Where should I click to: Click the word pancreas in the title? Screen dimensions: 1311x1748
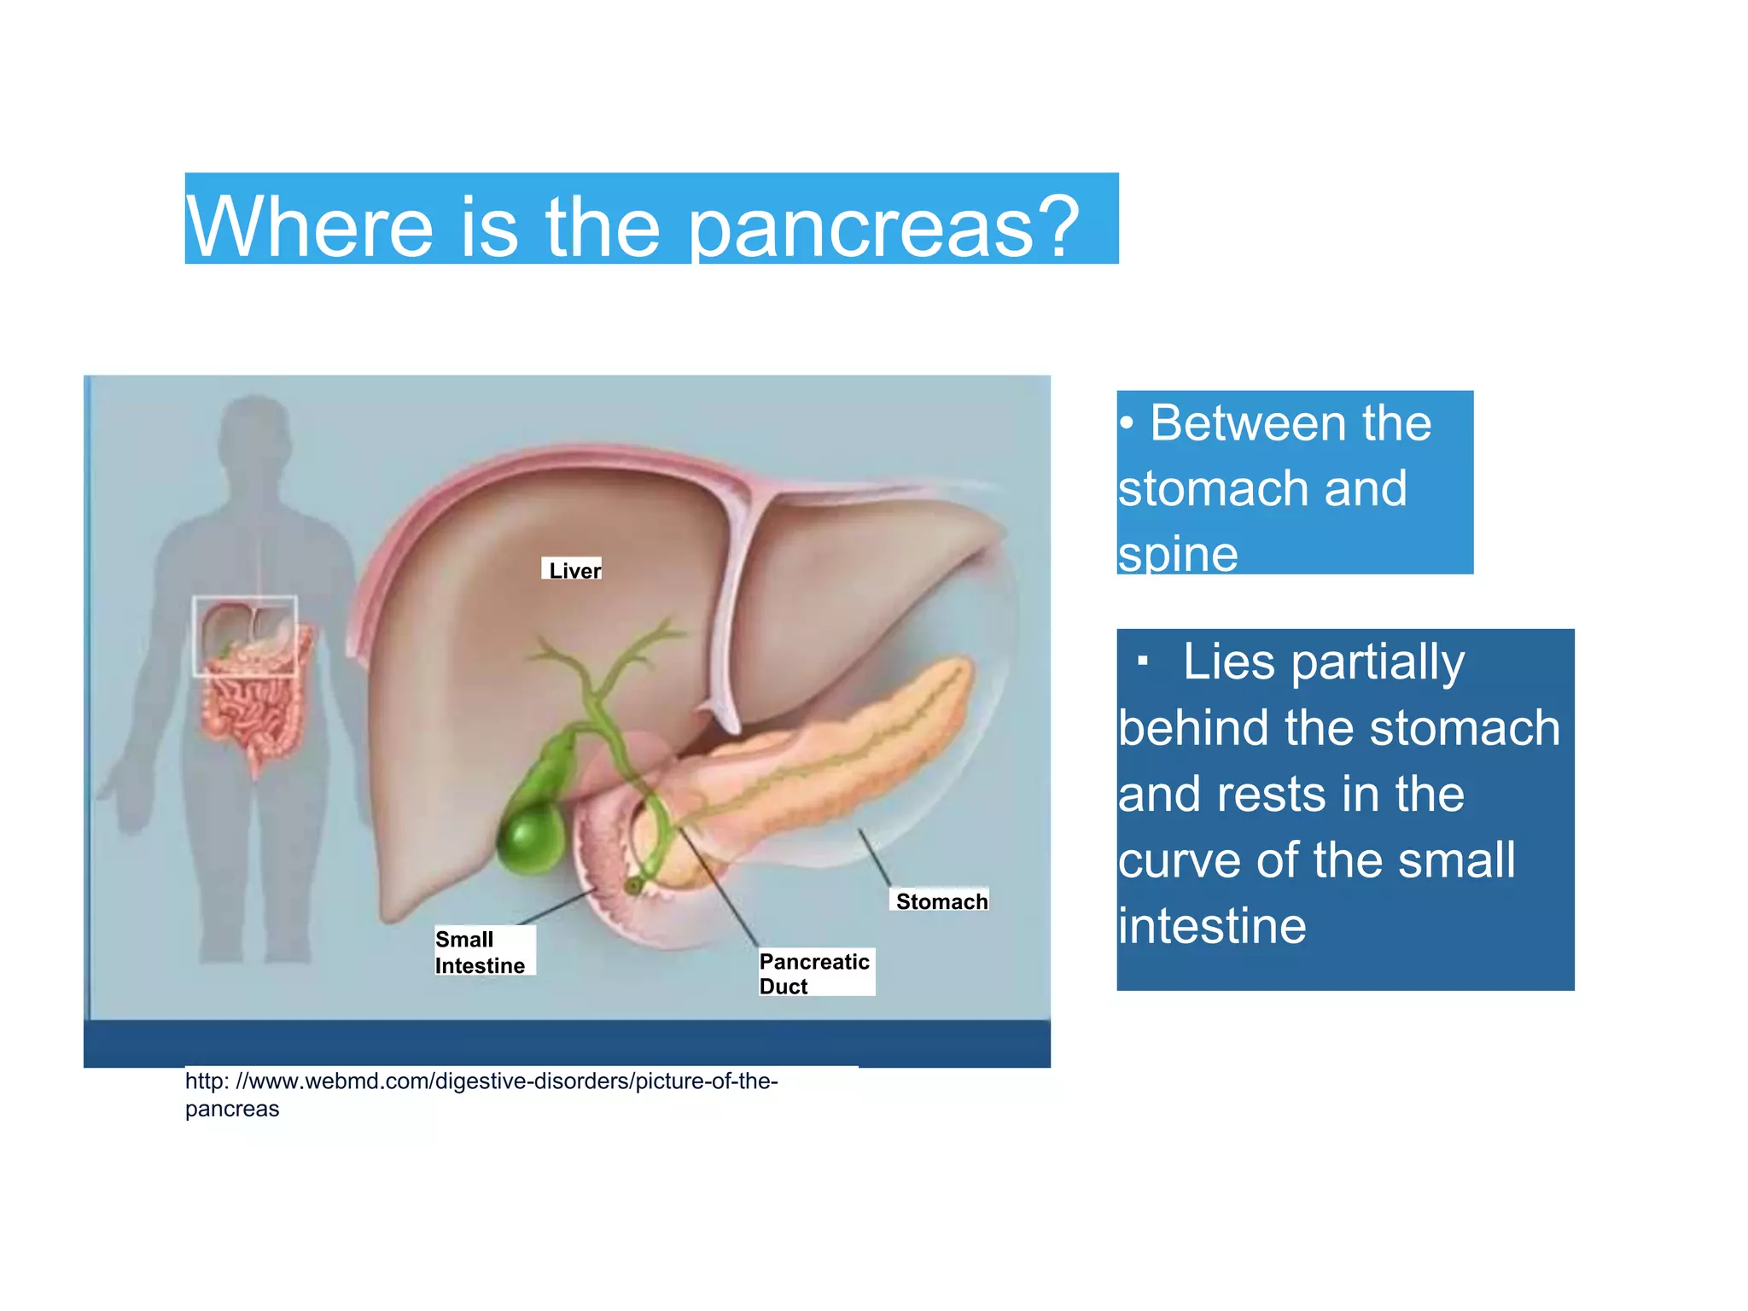861,229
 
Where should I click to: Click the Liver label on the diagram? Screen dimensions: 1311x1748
574,570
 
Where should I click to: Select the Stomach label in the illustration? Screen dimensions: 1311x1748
941,901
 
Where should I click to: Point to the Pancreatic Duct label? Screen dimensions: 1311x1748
814,973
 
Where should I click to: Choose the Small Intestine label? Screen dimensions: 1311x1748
481,952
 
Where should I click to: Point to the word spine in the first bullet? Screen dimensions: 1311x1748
1178,555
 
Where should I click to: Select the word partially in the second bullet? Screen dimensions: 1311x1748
1378,663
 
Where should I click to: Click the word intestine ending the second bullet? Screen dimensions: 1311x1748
1212,927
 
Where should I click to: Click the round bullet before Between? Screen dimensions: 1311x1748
1127,423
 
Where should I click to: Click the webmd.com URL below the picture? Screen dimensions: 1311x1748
481,1082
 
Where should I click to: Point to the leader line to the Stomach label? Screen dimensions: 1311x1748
875,858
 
